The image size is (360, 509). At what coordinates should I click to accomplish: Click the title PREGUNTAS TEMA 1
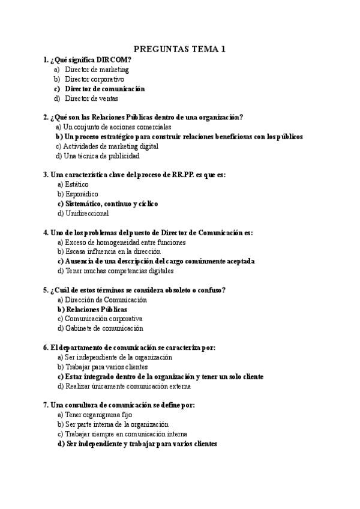179,49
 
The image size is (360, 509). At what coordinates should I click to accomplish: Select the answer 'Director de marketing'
97,70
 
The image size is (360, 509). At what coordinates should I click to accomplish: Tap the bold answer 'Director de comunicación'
105,89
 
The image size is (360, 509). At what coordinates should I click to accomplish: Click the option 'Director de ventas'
91,98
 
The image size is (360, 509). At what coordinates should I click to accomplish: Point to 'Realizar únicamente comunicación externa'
124,386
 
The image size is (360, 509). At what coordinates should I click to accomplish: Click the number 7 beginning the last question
46,405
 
